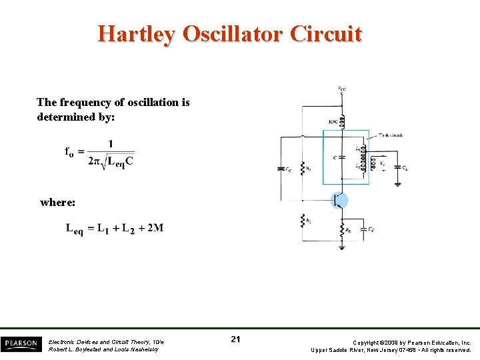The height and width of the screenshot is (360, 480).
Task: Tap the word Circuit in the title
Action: [327, 34]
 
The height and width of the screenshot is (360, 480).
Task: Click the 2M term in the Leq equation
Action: [155, 228]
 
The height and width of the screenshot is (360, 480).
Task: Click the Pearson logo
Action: [20, 344]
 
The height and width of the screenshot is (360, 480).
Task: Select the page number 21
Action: [235, 340]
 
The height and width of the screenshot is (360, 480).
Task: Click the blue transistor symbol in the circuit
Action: [340, 200]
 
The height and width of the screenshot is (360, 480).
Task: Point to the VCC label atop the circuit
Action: [341, 89]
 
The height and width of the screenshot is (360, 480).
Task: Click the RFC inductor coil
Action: [342, 122]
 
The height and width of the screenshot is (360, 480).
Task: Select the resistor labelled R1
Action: [303, 167]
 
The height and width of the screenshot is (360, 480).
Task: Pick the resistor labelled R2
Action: [303, 220]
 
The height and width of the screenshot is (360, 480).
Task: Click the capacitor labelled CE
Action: [362, 229]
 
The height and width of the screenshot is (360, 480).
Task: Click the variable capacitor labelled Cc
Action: [281, 169]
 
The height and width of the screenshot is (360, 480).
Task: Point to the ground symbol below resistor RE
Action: [342, 247]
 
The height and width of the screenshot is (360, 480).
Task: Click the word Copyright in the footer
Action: [366, 342]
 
